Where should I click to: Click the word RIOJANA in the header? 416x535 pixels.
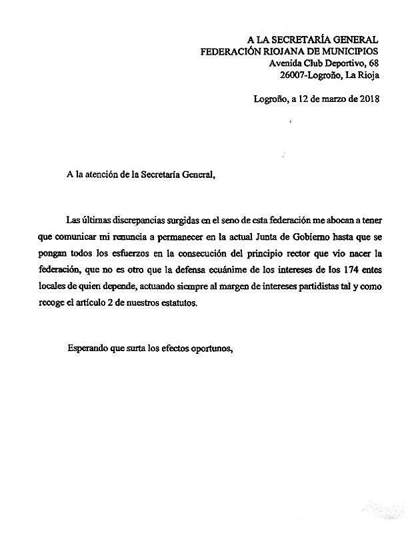pos(276,51)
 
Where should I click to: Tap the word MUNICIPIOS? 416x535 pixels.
pos(347,51)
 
